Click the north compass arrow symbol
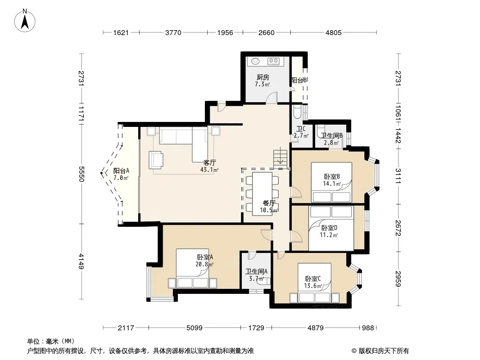pyautogui.click(x=25, y=21)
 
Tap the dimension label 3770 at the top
pyautogui.click(x=173, y=32)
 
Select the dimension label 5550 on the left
pyautogui.click(x=81, y=174)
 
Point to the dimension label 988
pyautogui.click(x=368, y=328)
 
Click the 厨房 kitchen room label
pyautogui.click(x=263, y=77)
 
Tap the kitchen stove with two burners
pyautogui.click(x=273, y=61)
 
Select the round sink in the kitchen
pyautogui.click(x=255, y=61)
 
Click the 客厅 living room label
pyautogui.click(x=210, y=162)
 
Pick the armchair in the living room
pyautogui.click(x=156, y=160)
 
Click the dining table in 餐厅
pyautogui.click(x=263, y=194)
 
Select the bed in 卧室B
pyautogui.click(x=331, y=182)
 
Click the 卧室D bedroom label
pyautogui.click(x=330, y=228)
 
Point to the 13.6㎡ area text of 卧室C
pyautogui.click(x=313, y=286)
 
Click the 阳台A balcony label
pyautogui.click(x=121, y=171)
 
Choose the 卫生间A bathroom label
pyautogui.click(x=257, y=271)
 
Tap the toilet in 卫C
pyautogui.click(x=297, y=112)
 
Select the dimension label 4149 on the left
pyautogui.click(x=81, y=261)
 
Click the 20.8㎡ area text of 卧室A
pyautogui.click(x=204, y=264)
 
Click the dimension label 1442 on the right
pyautogui.click(x=398, y=135)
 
